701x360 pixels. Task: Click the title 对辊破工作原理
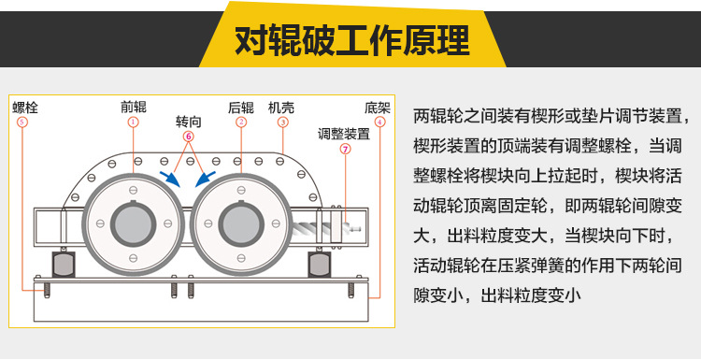coord(352,40)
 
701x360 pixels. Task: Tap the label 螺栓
coord(25,108)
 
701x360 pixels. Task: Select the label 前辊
coord(134,107)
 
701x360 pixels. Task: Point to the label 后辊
coord(241,108)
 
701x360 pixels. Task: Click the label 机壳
coord(281,108)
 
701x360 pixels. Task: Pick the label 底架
coord(378,108)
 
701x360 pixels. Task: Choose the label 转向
coord(188,122)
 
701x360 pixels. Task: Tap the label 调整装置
coord(344,134)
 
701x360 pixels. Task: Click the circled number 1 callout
coord(133,122)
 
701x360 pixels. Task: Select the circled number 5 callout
coord(21,122)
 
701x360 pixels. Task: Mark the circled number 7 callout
coord(345,149)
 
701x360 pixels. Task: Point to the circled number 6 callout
coord(188,137)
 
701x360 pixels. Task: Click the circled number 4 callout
coord(379,122)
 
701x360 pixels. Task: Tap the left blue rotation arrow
coord(170,179)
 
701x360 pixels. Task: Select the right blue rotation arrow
coord(206,179)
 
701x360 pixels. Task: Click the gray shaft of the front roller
coord(134,223)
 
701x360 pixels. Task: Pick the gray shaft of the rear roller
coord(241,223)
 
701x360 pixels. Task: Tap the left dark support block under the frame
coord(64,265)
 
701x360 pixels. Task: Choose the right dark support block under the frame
coord(320,265)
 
